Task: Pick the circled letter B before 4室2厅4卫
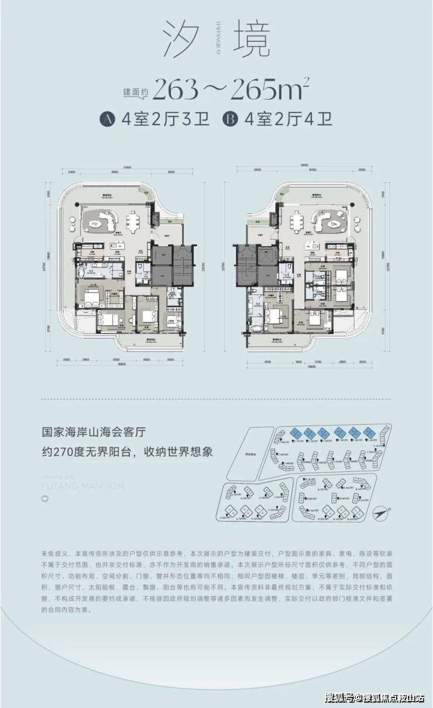230,120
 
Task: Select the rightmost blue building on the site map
369,433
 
